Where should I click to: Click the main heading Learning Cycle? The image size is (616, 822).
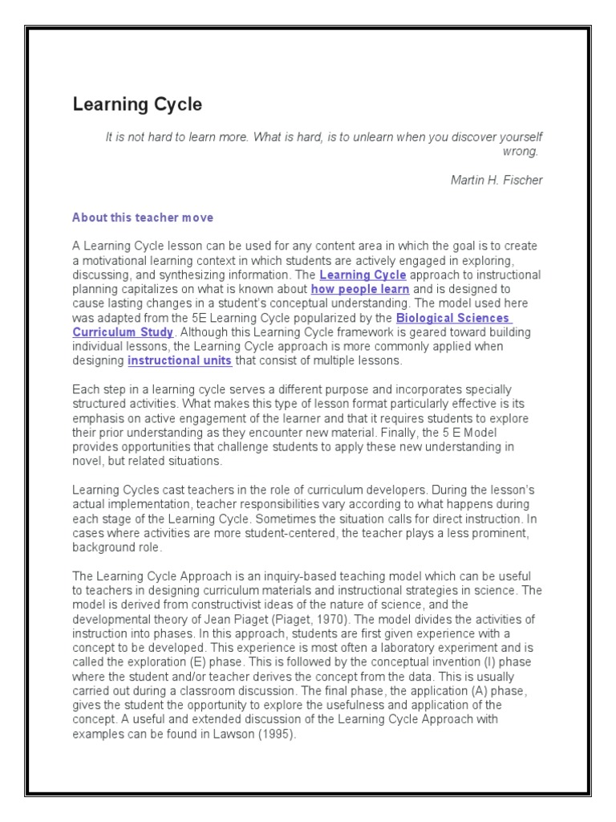tap(137, 104)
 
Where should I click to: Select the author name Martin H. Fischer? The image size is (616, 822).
tap(496, 180)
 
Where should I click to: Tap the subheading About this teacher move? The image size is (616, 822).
tap(143, 218)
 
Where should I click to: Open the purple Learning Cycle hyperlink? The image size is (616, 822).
tap(363, 275)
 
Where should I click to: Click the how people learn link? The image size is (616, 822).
tap(360, 289)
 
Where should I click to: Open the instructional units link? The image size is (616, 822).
tap(180, 360)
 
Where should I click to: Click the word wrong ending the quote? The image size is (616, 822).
tap(522, 151)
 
